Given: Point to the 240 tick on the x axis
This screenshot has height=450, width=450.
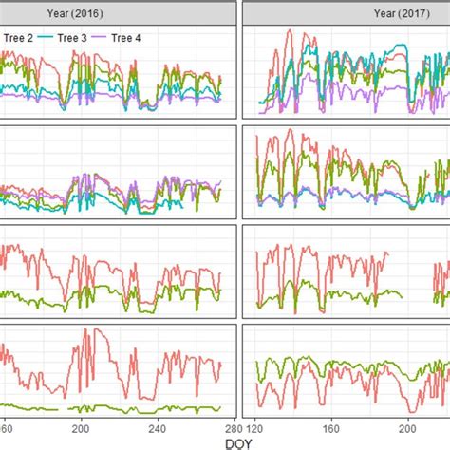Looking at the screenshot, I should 159,427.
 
